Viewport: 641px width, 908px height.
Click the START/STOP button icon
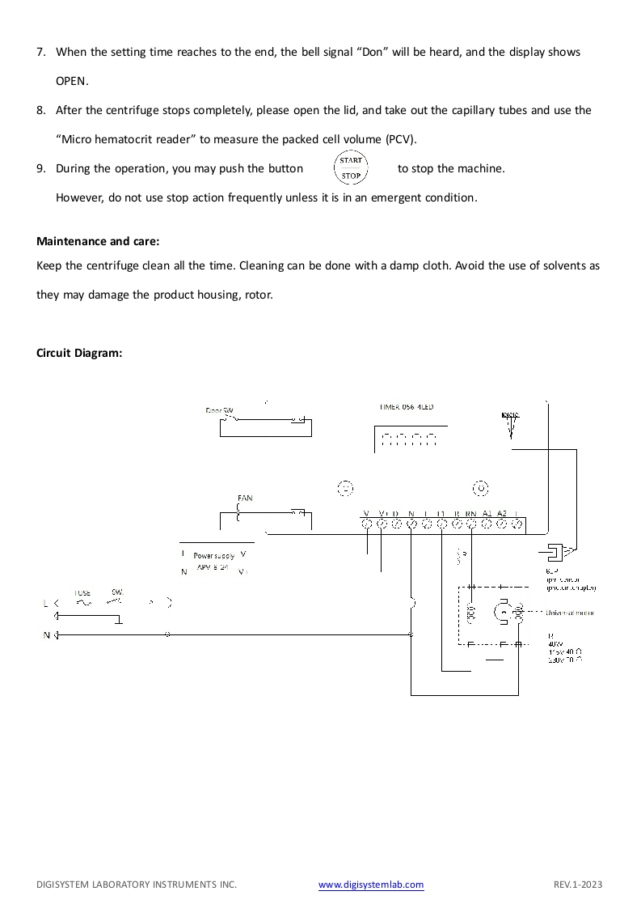pos(351,168)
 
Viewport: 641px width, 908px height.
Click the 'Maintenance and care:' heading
pos(99,241)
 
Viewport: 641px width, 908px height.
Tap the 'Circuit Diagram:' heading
pos(79,353)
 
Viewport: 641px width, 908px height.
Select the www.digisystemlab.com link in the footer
pos(371,885)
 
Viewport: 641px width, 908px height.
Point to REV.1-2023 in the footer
pos(578,885)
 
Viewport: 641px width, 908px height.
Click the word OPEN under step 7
pos(71,81)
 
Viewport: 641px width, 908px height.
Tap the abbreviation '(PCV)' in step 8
pos(401,139)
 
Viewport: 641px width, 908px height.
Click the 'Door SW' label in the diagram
pos(219,411)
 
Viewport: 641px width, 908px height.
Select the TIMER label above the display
pos(406,407)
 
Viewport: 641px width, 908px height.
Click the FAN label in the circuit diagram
pos(245,499)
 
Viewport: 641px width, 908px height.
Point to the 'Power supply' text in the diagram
pos(213,556)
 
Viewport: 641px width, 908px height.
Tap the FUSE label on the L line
pos(82,593)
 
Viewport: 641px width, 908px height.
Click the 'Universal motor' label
pos(570,613)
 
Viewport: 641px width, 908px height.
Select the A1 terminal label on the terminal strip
pos(487,514)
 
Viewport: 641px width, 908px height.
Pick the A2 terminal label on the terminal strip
pos(501,514)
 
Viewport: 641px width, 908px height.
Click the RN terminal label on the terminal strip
pos(470,514)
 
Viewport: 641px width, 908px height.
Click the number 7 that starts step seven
pos(40,52)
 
